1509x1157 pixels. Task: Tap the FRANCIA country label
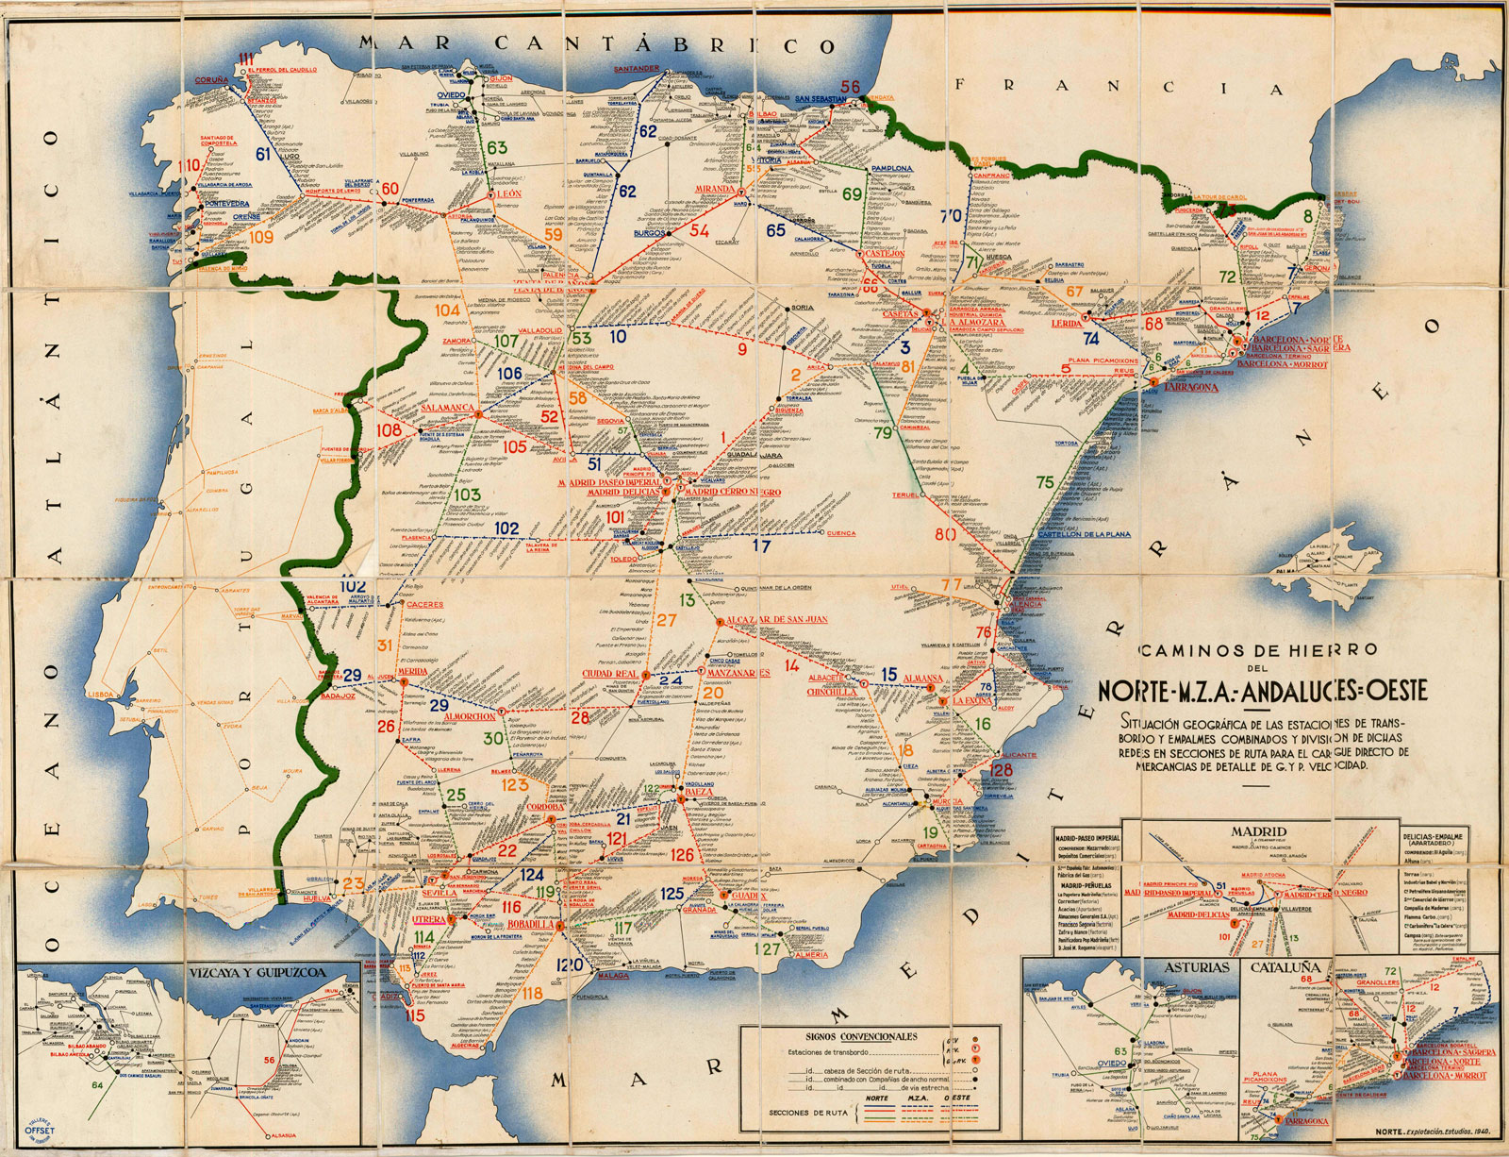pyautogui.click(x=1119, y=87)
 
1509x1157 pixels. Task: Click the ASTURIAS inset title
pyautogui.click(x=1196, y=967)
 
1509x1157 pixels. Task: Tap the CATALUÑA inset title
pyautogui.click(x=1285, y=967)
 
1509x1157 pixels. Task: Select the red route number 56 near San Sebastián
pyautogui.click(x=851, y=87)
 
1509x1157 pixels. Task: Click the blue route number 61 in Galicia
pyautogui.click(x=263, y=153)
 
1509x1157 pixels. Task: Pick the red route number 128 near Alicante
pyautogui.click(x=1002, y=771)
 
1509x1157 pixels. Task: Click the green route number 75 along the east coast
pyautogui.click(x=1044, y=482)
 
